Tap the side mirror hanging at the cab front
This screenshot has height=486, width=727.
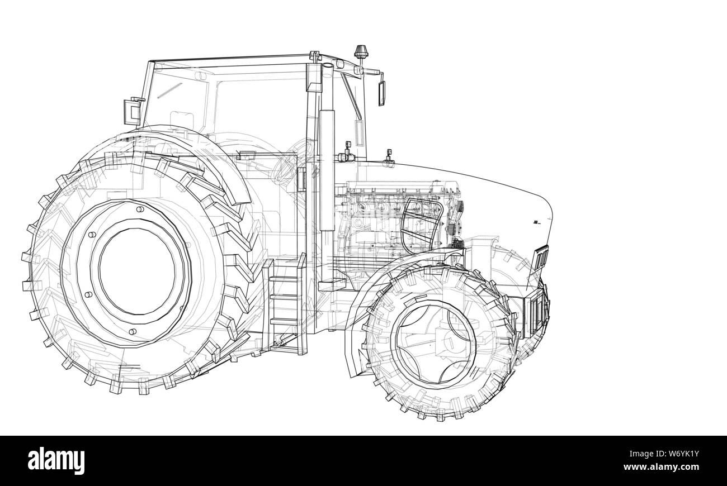tap(381, 93)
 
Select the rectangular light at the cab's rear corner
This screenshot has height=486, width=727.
tap(132, 111)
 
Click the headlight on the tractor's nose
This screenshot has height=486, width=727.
tap(541, 258)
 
